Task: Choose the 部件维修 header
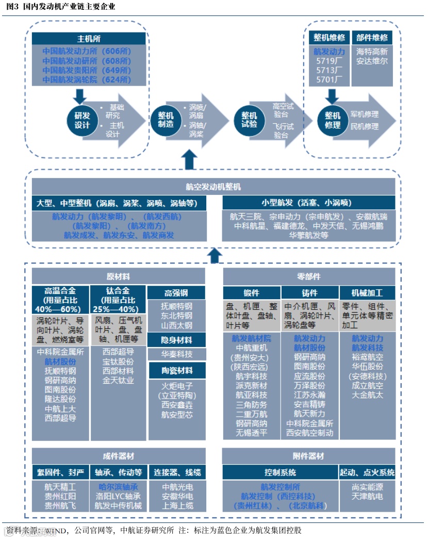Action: point(372,38)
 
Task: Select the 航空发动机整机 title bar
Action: point(213,187)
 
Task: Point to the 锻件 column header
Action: point(252,293)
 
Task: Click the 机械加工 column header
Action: point(367,293)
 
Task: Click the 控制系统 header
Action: point(280,472)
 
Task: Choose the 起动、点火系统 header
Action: point(367,472)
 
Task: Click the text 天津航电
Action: point(367,496)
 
